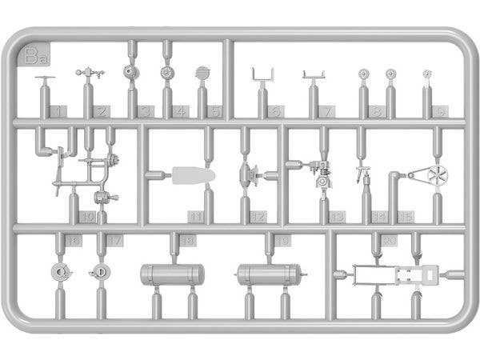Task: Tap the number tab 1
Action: (x=58, y=111)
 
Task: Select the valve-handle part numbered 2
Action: (x=90, y=74)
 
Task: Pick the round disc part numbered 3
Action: (x=130, y=72)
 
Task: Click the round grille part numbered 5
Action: (x=202, y=73)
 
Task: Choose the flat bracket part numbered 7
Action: (x=314, y=76)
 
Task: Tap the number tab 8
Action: (x=376, y=111)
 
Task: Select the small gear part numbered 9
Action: (x=428, y=74)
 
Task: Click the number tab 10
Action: (x=88, y=217)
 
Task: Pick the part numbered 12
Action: (x=249, y=174)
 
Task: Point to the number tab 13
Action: (x=337, y=217)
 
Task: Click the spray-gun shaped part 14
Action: (x=364, y=174)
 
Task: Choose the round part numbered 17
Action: (x=100, y=271)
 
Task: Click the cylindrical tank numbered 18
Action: (x=171, y=274)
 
